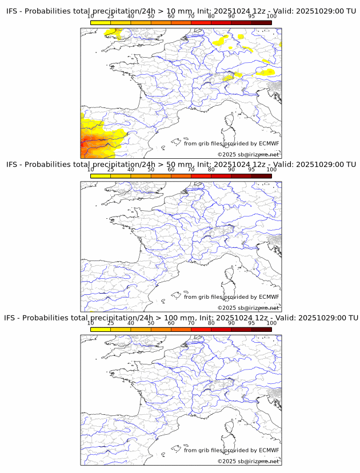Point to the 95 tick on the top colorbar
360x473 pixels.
(251, 17)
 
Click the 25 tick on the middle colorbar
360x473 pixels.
(110, 170)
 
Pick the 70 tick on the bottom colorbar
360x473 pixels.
(191, 323)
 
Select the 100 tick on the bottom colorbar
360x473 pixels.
(271, 323)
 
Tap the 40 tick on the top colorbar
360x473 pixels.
(131, 17)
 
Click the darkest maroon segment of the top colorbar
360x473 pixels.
(261, 22)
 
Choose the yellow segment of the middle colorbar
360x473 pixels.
(101, 175)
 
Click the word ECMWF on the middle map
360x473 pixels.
(269, 296)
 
